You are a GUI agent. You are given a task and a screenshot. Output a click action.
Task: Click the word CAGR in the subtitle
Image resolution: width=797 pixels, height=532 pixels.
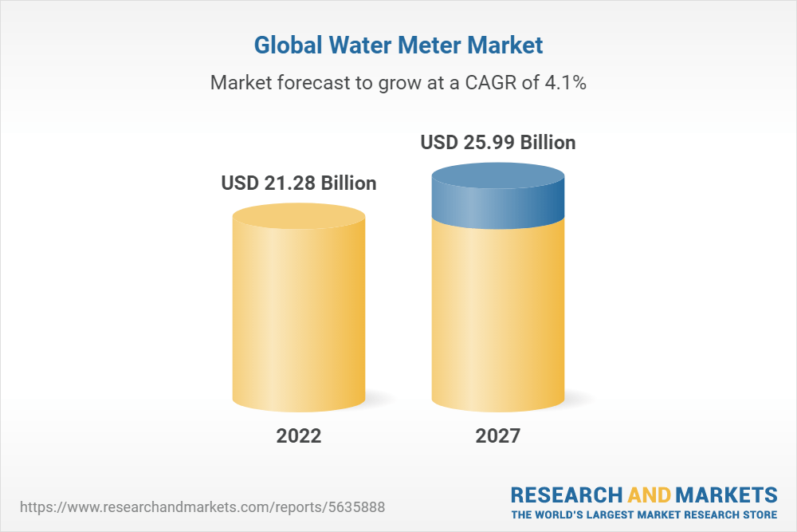(x=493, y=82)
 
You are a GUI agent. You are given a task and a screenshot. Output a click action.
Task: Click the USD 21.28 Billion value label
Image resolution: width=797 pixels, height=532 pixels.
(x=299, y=183)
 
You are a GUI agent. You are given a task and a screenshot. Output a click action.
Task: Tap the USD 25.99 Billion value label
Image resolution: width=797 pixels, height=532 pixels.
(x=498, y=143)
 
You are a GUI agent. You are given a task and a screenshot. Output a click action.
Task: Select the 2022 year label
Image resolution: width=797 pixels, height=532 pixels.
(x=299, y=436)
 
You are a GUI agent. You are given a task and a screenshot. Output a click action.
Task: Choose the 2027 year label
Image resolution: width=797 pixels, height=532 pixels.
(x=498, y=436)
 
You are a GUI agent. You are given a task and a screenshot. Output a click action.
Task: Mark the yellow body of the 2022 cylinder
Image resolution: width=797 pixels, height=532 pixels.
(x=299, y=319)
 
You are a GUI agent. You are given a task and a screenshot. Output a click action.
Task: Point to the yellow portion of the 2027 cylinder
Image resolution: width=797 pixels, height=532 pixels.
(x=498, y=319)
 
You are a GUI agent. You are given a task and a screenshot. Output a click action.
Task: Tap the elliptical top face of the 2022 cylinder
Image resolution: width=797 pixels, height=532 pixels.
(x=299, y=215)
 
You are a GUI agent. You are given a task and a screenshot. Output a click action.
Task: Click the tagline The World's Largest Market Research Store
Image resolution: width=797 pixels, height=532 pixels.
(x=644, y=514)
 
